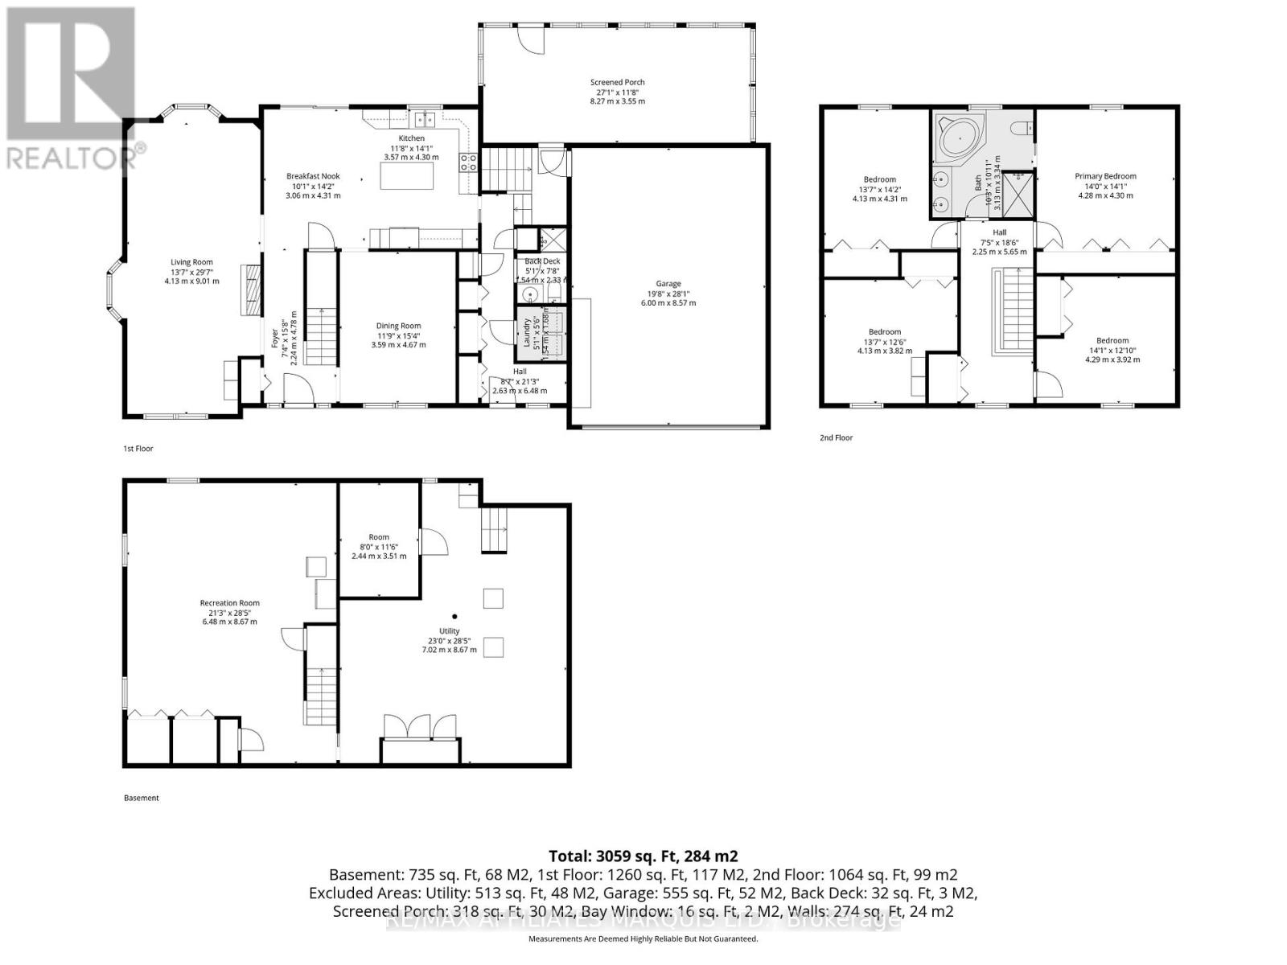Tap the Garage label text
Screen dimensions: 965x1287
click(x=668, y=284)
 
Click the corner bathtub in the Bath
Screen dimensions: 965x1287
click(x=960, y=139)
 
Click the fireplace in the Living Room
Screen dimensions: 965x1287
click(x=253, y=289)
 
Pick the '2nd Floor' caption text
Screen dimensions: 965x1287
click(x=836, y=438)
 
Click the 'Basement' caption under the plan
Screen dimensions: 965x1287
click(x=142, y=799)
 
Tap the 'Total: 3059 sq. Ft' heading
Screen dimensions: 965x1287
click(x=643, y=856)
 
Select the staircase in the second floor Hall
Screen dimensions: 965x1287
click(x=1015, y=310)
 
